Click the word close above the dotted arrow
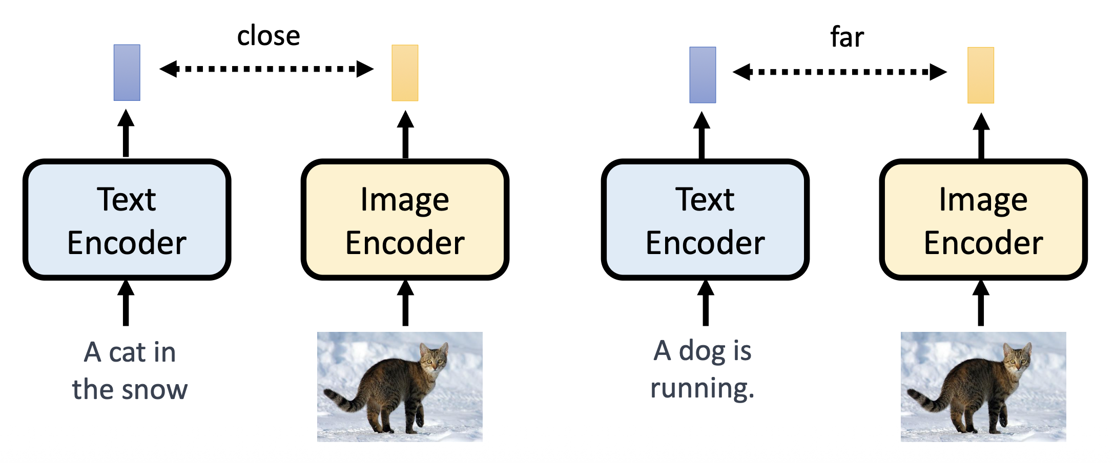[x=269, y=36]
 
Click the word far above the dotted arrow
[x=846, y=37]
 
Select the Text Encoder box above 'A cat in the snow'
[x=127, y=220]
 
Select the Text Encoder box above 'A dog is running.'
[x=705, y=220]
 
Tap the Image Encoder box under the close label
[x=405, y=220]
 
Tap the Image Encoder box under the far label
[x=983, y=220]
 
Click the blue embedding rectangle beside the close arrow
[x=127, y=73]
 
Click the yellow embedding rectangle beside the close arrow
[x=405, y=73]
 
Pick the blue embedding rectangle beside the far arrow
[x=703, y=75]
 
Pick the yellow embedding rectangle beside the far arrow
[x=980, y=75]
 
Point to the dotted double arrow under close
[x=266, y=69]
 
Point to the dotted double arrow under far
[x=839, y=72]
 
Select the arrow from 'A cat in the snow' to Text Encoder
[x=126, y=303]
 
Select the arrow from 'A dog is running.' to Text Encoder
[x=706, y=303]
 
